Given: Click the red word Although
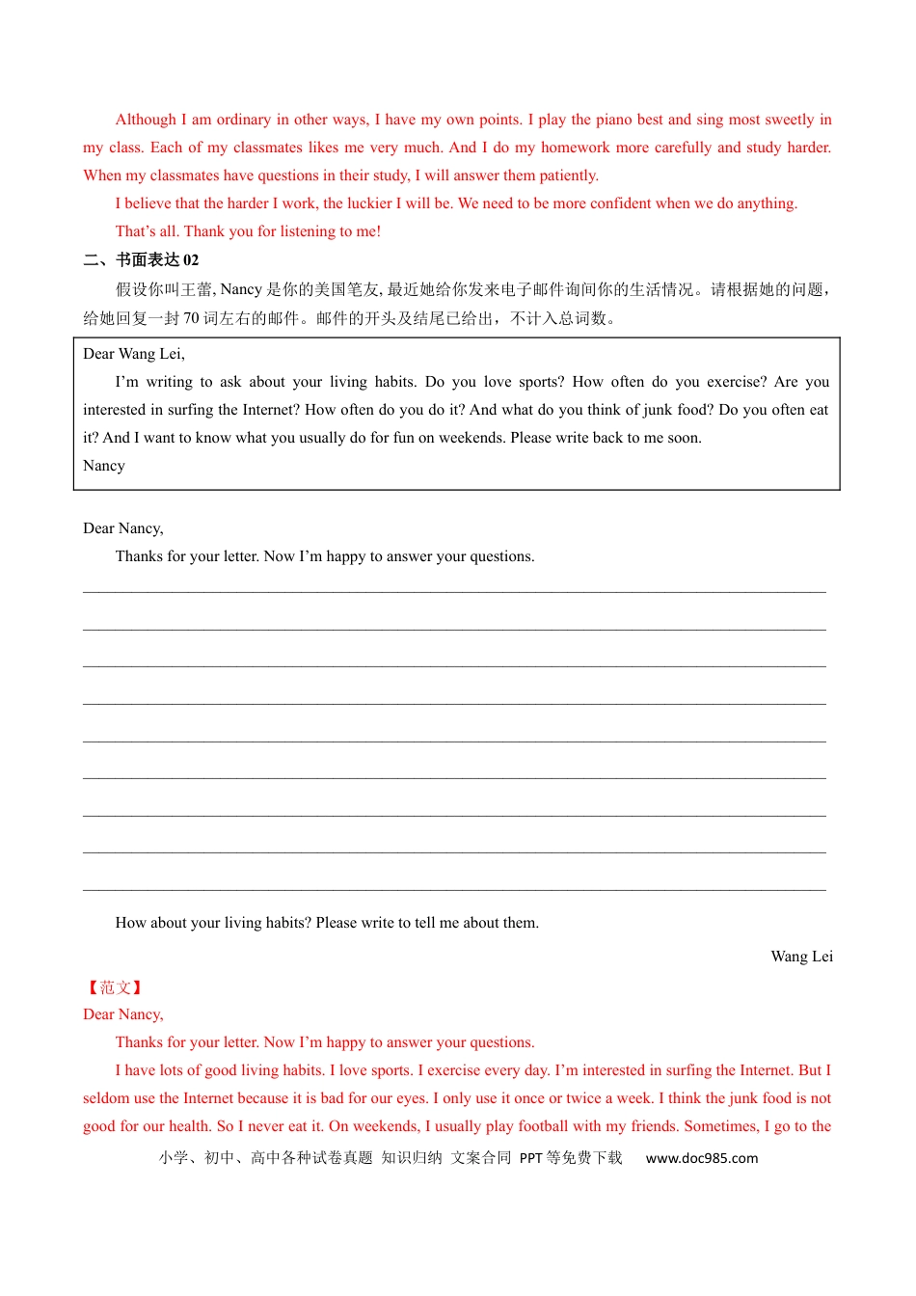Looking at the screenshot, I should (146, 120).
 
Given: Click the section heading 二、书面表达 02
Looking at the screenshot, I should (141, 259).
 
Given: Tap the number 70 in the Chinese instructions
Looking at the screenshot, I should (191, 318).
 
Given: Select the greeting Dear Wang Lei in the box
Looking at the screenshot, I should (134, 354).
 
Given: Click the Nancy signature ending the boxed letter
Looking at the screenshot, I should (104, 466).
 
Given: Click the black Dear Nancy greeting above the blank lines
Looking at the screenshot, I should (123, 528).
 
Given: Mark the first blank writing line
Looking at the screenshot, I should (454, 590).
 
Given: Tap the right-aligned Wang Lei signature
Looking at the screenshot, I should (801, 957).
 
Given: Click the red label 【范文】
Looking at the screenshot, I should (115, 987).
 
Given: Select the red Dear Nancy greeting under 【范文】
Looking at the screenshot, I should (123, 1014).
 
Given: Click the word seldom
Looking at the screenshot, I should (105, 1098).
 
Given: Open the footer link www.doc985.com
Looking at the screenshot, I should (702, 1158).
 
